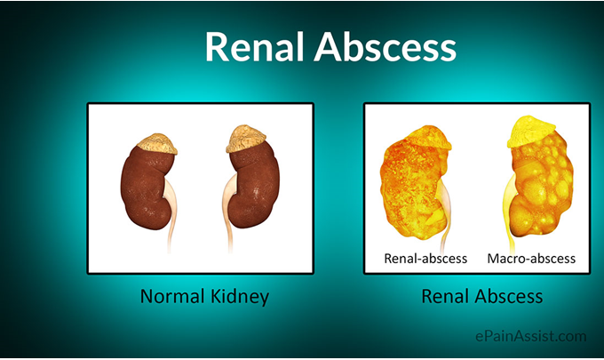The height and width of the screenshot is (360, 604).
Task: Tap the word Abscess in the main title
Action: point(385,46)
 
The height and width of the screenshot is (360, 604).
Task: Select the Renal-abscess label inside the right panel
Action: point(425,258)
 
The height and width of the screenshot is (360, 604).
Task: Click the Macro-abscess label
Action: point(531,258)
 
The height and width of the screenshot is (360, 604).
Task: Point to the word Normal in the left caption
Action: point(172,296)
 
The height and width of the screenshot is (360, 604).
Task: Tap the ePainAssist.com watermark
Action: point(531,336)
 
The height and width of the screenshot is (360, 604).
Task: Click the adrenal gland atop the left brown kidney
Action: point(157,143)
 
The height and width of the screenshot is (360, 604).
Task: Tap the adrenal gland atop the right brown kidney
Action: point(246,139)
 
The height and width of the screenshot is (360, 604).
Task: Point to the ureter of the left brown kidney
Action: point(171,216)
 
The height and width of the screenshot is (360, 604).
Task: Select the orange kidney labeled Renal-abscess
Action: point(412,185)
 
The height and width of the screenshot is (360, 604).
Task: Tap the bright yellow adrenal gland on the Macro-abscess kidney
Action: point(531,131)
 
